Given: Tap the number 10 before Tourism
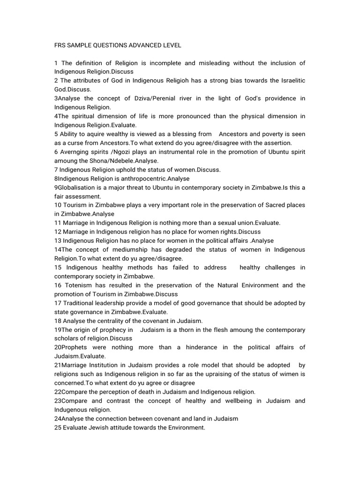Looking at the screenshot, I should [58, 205].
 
